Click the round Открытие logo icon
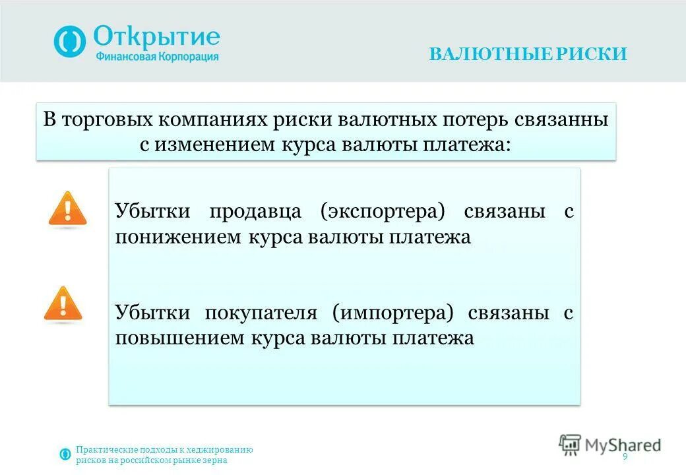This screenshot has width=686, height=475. click(70, 42)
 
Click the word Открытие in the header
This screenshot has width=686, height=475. click(156, 35)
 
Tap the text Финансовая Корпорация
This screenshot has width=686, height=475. click(156, 57)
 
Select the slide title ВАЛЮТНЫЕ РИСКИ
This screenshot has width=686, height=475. click(528, 54)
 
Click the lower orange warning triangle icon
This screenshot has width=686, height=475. click(63, 305)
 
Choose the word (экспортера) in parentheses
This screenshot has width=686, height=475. click(383, 212)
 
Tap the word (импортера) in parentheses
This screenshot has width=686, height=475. click(394, 313)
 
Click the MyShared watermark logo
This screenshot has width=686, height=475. click(609, 445)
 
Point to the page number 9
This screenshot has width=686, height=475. click(625, 458)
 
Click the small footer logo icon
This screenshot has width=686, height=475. click(65, 454)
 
